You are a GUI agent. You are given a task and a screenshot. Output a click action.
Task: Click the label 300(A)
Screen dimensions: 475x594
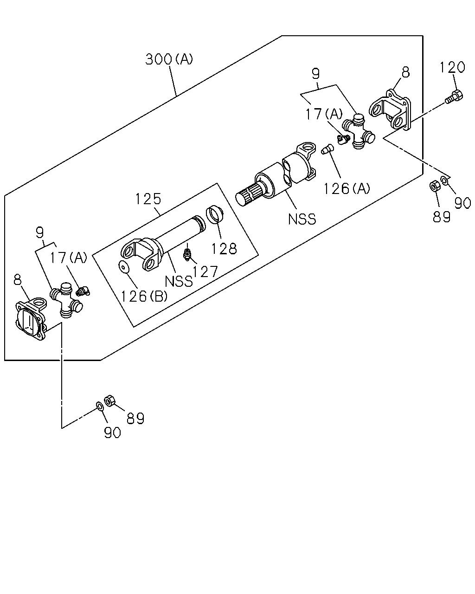[x=169, y=59]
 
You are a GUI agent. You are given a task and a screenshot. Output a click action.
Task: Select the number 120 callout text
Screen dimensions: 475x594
[x=452, y=67]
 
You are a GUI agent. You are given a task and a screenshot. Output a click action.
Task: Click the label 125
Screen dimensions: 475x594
[x=148, y=199]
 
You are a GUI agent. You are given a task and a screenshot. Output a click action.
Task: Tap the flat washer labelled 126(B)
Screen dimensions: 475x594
[x=124, y=267]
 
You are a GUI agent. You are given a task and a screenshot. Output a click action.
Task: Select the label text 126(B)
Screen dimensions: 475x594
[x=144, y=297]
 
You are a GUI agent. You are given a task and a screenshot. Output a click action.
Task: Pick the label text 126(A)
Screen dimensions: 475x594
[x=346, y=189]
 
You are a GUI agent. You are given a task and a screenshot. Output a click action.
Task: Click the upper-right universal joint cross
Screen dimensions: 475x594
[x=358, y=131]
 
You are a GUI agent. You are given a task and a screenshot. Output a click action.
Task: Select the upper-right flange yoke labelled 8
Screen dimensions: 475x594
[x=390, y=110]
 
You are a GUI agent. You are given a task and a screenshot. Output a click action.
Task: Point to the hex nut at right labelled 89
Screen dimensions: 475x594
[x=435, y=186]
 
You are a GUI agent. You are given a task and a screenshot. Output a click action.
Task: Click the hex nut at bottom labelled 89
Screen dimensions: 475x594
[x=109, y=401]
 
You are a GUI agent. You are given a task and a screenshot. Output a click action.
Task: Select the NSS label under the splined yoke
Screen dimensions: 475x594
[x=302, y=220]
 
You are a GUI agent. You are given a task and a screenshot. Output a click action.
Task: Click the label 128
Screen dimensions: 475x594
[x=224, y=248]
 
